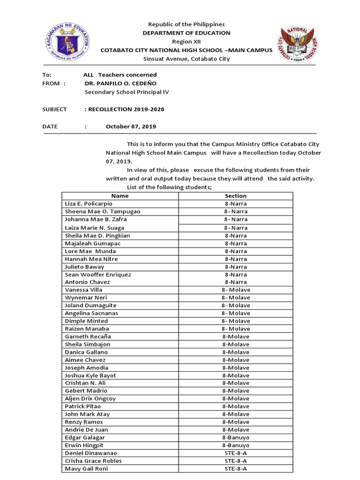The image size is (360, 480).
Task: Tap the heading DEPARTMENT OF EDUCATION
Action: [186, 33]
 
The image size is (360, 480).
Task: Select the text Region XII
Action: [186, 41]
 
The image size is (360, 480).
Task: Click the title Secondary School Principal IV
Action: [126, 92]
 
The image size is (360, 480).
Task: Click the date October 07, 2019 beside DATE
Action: [131, 127]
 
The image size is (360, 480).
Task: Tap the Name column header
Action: [120, 196]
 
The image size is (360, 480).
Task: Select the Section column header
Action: [235, 196]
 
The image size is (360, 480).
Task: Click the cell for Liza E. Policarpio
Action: [89, 204]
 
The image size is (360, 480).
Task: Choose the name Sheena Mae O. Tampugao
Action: [102, 211]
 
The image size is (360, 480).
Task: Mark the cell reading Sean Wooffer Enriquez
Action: [98, 274]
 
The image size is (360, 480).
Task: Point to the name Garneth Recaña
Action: [88, 337]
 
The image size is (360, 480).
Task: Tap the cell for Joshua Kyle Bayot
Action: [90, 375]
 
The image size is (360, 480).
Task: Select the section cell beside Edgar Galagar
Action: [235, 437]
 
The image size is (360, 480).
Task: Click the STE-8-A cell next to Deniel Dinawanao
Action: [235, 453]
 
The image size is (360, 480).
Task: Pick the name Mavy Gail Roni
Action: [86, 469]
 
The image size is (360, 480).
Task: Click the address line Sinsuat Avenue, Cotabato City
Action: [186, 59]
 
